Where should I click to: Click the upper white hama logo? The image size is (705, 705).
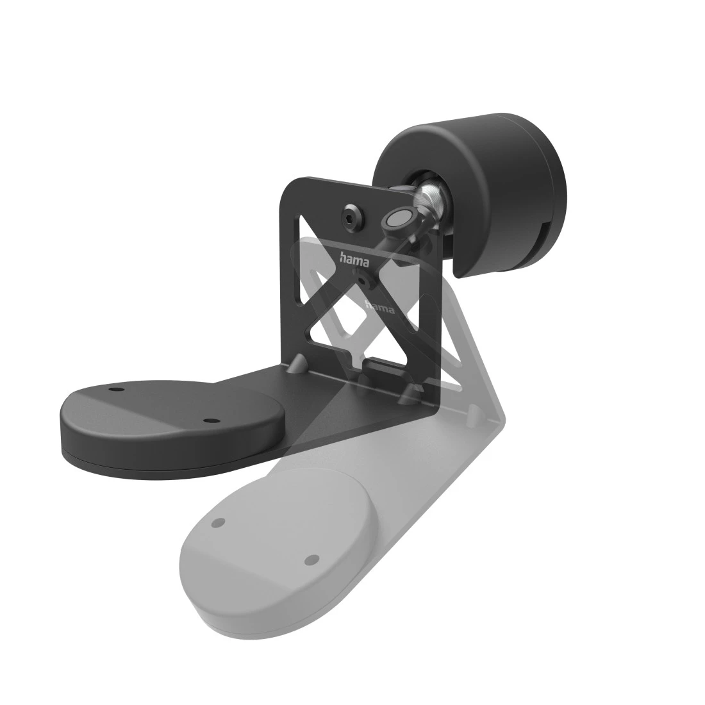click(x=354, y=260)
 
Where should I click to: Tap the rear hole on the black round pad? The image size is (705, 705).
click(x=115, y=388)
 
